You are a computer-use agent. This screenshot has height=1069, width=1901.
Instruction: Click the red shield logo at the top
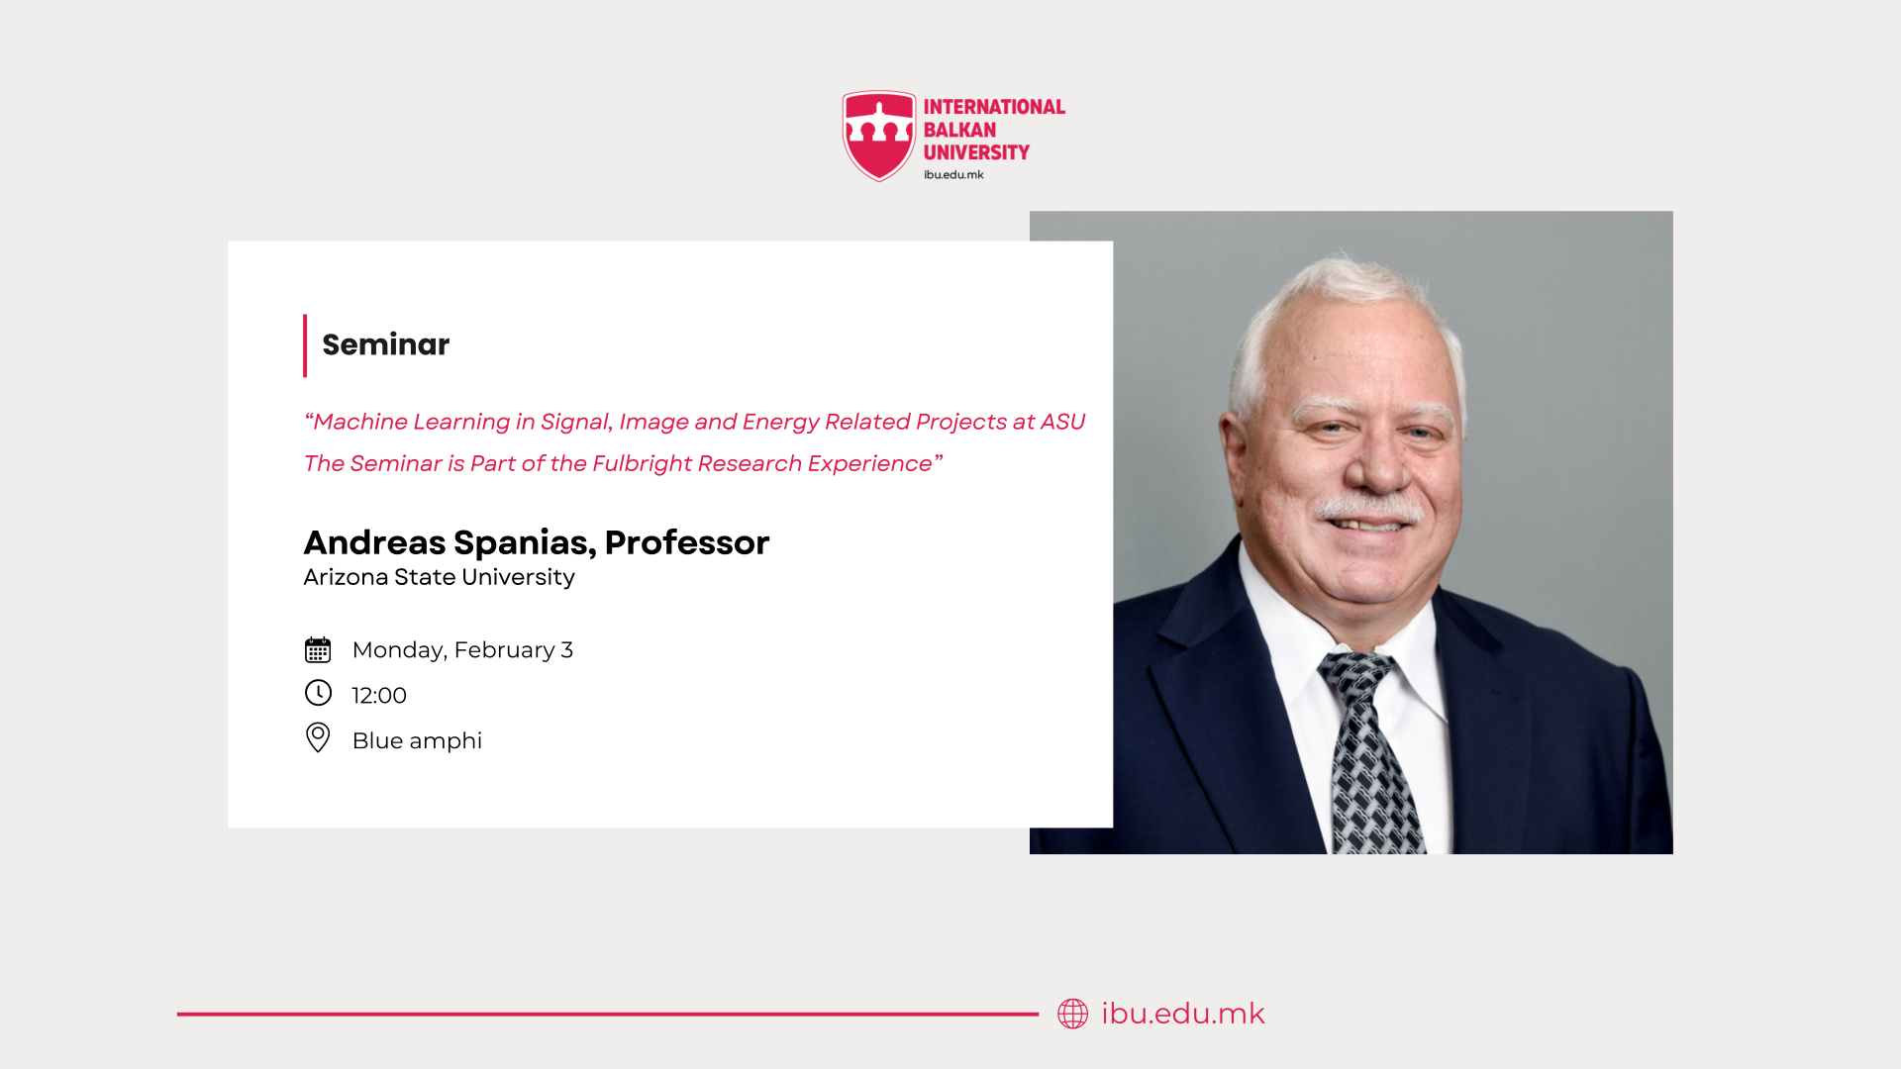tap(879, 136)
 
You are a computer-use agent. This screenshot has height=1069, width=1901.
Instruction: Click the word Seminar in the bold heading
tap(386, 344)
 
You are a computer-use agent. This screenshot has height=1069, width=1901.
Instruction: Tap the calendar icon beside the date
tap(318, 649)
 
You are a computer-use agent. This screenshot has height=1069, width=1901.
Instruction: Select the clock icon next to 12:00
tap(318, 693)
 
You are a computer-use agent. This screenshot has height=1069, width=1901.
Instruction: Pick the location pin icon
tap(318, 737)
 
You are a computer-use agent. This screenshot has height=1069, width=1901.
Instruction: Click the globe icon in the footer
tap(1072, 1014)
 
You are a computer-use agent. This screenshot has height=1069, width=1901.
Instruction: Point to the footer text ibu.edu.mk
tap(1183, 1014)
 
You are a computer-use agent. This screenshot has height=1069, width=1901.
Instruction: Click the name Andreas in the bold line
tap(374, 542)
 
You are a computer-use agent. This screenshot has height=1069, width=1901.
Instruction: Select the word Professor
tap(687, 542)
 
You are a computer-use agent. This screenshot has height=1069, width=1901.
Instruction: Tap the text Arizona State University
tap(439, 577)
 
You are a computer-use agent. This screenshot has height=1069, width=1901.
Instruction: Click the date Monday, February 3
tap(462, 650)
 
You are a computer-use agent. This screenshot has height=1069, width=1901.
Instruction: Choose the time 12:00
tap(379, 696)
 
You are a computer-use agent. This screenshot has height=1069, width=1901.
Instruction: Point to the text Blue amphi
tap(417, 740)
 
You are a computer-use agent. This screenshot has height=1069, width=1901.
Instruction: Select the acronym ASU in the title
tap(1062, 422)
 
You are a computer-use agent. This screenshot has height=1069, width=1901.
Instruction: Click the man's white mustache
tap(1369, 509)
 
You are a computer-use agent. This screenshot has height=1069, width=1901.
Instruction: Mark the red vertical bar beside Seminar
tap(305, 345)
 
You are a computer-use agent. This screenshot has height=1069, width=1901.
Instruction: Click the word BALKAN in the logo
tap(959, 130)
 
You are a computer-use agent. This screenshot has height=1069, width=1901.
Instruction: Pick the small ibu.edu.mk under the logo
tap(953, 175)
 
